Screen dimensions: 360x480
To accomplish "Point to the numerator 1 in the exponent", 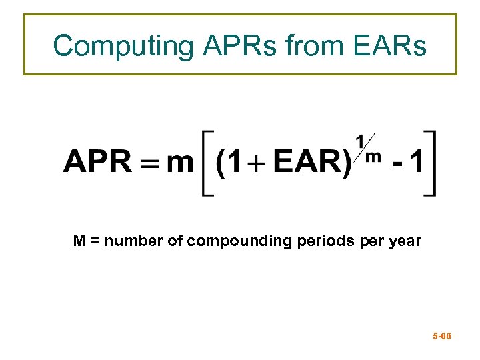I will (360, 141).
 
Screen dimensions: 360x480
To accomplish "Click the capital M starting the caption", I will (79, 241).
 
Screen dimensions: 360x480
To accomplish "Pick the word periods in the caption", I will (319, 241).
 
